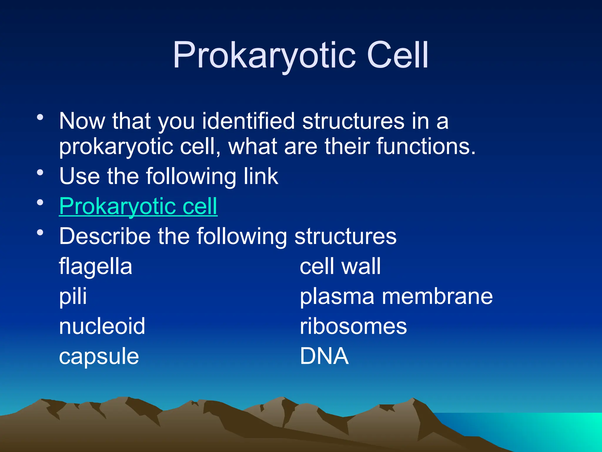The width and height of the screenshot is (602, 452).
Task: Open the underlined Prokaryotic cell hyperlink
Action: click(x=138, y=207)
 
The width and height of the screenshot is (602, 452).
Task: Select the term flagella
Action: click(x=96, y=267)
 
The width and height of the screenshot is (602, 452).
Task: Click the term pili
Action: click(x=73, y=297)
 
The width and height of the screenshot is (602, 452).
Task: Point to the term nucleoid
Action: click(x=102, y=326)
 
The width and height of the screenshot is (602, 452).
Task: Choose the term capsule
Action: click(x=99, y=357)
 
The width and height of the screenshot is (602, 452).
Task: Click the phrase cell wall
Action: click(x=340, y=267)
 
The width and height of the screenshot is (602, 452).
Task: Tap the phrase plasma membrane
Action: click(x=396, y=297)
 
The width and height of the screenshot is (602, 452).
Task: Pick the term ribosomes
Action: click(x=353, y=326)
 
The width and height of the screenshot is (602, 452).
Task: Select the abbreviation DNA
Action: click(x=324, y=356)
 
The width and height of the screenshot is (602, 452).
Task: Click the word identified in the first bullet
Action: click(x=248, y=121)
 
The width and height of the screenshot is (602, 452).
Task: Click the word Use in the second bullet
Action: click(x=79, y=177)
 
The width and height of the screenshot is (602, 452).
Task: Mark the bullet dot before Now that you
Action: click(x=40, y=117)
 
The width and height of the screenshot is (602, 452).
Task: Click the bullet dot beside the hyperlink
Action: click(x=40, y=202)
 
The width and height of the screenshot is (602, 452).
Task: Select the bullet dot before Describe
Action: click(x=40, y=233)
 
